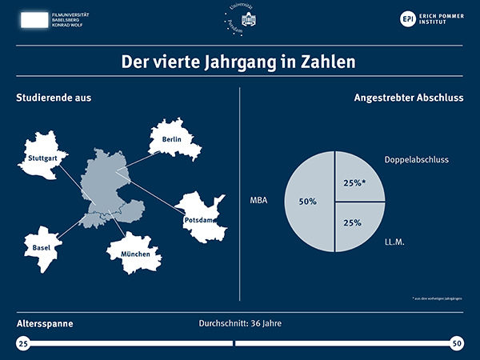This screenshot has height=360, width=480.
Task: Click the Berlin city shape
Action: click(174, 141)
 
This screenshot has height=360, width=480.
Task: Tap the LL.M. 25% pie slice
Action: click(358, 223)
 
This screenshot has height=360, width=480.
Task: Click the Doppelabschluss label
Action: click(416, 160)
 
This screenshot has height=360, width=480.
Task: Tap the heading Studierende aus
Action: click(54, 98)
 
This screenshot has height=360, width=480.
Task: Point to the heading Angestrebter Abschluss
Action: click(408, 98)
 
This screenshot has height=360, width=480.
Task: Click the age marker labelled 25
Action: click(23, 343)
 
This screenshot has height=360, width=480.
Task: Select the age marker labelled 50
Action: click(456, 343)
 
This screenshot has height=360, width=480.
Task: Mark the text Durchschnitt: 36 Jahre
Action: click(240, 324)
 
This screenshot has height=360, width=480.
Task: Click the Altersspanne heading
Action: click(45, 325)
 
